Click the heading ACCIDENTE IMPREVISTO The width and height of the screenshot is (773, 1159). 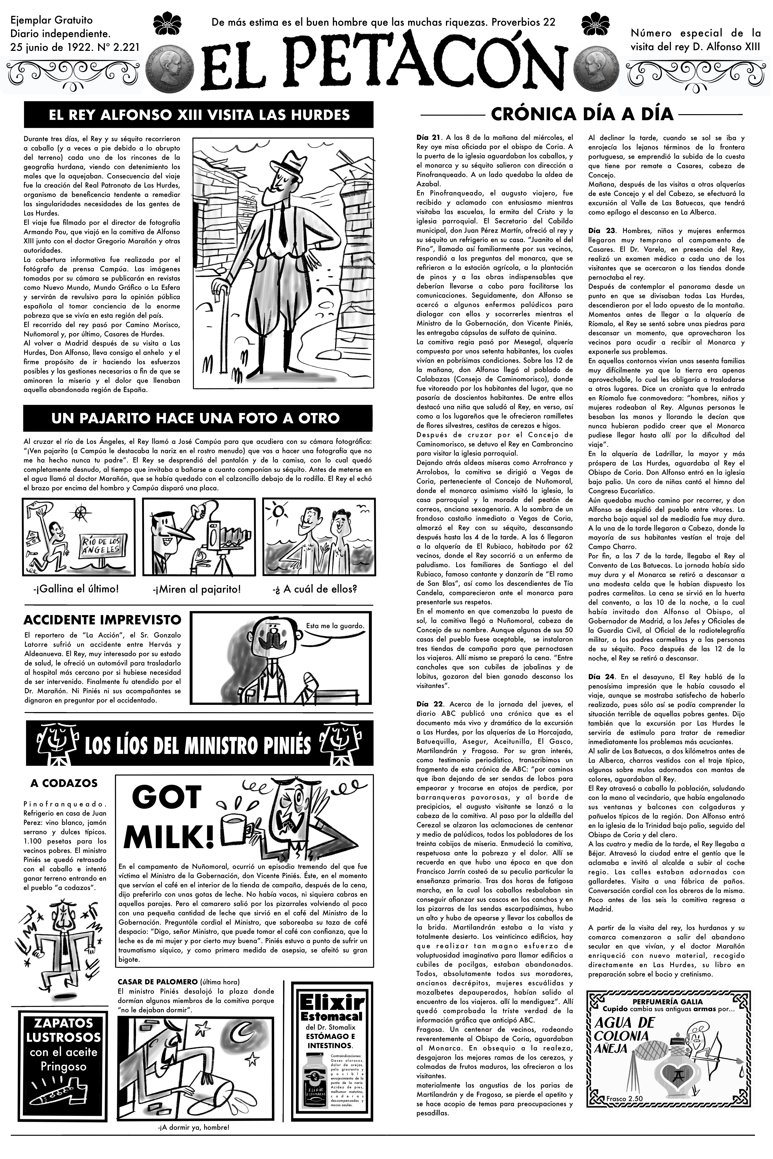pos(102,619)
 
